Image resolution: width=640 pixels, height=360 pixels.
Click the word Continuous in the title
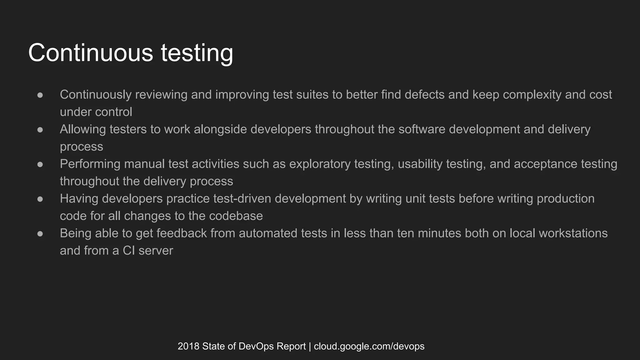91,53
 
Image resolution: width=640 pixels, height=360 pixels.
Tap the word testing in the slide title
197,54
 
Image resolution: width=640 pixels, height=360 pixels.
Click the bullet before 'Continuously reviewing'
40,95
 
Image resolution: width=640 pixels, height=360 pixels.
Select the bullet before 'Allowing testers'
40,130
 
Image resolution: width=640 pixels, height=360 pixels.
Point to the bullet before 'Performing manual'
40,164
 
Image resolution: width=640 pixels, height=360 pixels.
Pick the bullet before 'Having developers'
40,199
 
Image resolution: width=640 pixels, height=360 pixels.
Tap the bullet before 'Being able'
40,234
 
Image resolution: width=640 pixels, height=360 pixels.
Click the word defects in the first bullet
424,95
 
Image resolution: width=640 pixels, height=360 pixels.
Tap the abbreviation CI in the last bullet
128,251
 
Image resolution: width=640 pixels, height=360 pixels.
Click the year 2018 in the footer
188,346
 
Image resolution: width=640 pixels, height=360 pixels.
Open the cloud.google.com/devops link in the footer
369,346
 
